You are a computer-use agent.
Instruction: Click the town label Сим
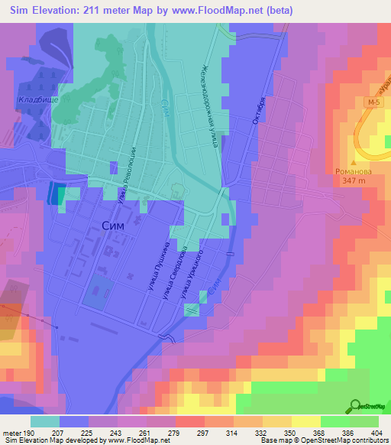[115, 225]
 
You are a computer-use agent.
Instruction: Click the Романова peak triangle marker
[353, 162]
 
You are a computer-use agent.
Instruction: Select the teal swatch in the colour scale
[44, 421]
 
